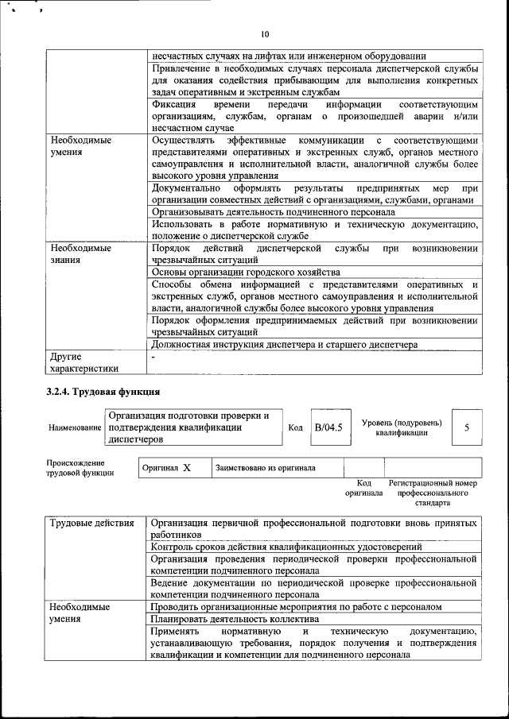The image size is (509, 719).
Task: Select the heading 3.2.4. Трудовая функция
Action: pyautogui.click(x=103, y=392)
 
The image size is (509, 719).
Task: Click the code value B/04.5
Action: pyautogui.click(x=328, y=427)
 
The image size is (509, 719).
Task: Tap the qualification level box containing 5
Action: pyautogui.click(x=467, y=427)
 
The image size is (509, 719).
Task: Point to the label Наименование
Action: pyautogui.click(x=75, y=428)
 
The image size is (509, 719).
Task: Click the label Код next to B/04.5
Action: pyautogui.click(x=295, y=428)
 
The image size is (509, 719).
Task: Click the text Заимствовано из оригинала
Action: pyautogui.click(x=266, y=468)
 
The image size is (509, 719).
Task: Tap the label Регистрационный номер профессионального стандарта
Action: pyautogui.click(x=432, y=493)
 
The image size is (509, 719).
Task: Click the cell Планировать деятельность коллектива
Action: pyautogui.click(x=235, y=620)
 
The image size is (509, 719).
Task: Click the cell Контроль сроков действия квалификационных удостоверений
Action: pyautogui.click(x=286, y=547)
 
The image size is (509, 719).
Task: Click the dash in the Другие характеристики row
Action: pyautogui.click(x=153, y=358)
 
